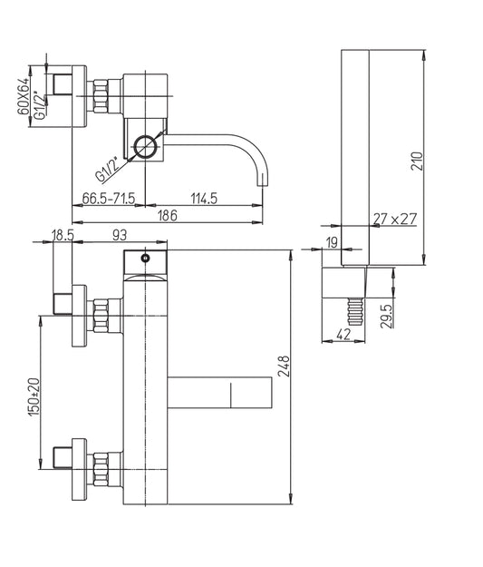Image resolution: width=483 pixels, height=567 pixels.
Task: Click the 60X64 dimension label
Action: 24,96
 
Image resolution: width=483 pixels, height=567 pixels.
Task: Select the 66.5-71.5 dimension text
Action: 109,199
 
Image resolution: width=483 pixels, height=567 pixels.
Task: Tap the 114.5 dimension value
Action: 204,199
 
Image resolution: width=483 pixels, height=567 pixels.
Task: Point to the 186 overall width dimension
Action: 168,216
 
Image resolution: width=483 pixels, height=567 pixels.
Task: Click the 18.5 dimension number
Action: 63,235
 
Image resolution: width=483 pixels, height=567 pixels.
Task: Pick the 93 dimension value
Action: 120,235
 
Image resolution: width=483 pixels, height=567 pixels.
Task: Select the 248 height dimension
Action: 285,367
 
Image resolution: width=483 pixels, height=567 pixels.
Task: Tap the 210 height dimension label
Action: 417,161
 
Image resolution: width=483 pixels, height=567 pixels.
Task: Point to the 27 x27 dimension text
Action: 395,219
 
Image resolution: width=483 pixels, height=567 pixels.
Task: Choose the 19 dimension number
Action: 332,242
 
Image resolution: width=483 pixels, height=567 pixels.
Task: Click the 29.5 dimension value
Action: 386,316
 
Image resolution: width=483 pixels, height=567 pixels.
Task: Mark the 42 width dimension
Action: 343,335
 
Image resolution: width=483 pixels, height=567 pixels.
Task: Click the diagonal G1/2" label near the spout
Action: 107,170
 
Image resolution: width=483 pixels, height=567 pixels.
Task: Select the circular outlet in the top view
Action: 146,147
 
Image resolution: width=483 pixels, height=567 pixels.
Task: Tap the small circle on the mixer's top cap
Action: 146,259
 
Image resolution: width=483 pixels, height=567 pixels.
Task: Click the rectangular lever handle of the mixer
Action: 219,393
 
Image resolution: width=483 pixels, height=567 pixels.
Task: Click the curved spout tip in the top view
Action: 262,180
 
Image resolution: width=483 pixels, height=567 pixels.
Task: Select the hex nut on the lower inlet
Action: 101,469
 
